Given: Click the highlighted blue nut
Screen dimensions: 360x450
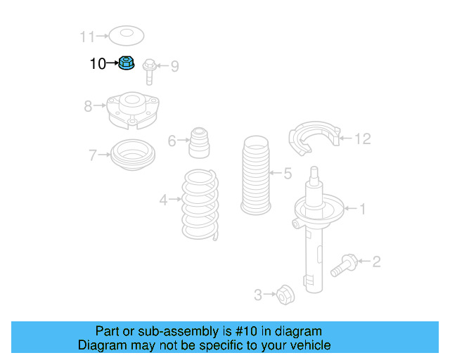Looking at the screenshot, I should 127,64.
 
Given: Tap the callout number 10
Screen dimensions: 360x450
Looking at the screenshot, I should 98,64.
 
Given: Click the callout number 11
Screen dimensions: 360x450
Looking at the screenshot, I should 86,35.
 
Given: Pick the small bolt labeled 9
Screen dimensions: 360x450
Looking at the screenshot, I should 149,70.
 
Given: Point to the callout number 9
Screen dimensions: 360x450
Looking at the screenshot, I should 174,66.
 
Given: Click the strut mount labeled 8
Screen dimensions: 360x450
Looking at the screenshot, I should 130,111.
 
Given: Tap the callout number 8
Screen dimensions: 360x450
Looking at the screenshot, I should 88,106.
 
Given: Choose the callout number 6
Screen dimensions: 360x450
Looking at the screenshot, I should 172,141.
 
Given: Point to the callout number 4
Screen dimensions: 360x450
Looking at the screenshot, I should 163,200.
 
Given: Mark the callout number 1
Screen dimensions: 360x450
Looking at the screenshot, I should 363,208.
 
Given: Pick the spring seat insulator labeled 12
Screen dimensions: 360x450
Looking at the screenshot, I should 314,140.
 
